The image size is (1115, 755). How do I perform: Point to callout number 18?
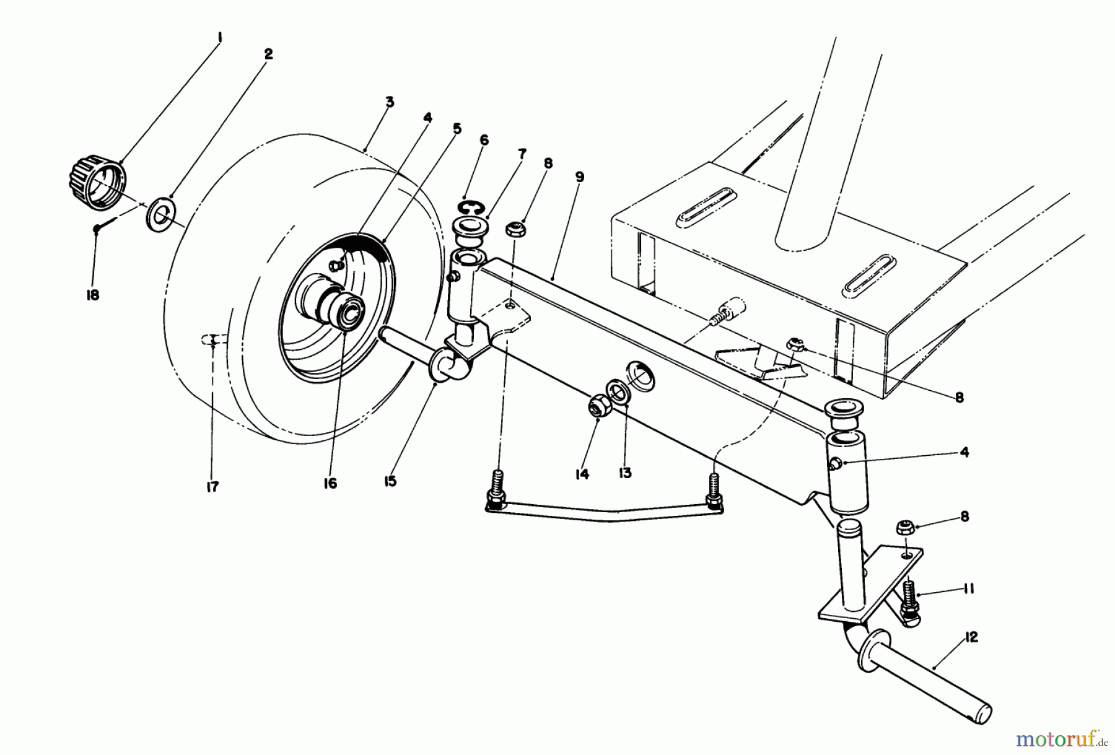92,295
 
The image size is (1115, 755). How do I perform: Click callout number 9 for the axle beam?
579,177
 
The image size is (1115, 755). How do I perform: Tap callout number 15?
390,481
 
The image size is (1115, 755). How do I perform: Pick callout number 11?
968,589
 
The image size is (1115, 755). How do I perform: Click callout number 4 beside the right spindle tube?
964,452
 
